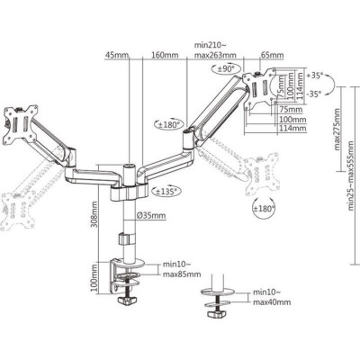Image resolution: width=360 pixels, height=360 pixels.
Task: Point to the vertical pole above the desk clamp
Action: click(x=123, y=234)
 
